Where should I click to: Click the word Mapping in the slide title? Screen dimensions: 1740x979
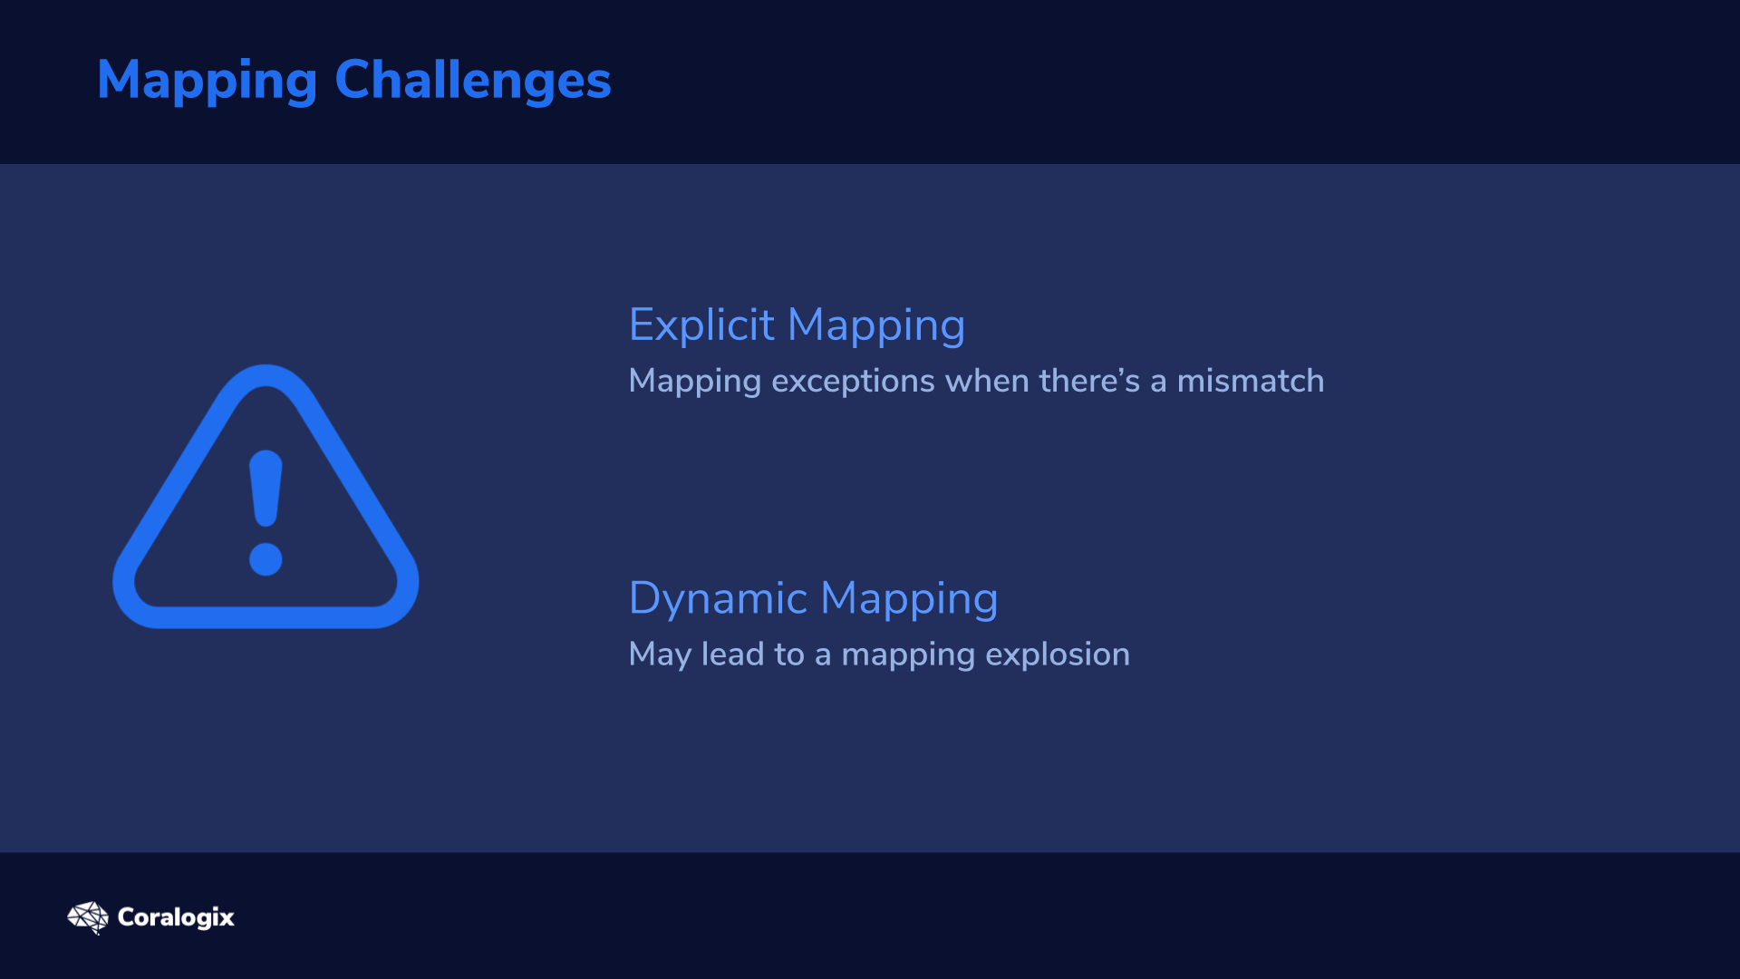coord(207,82)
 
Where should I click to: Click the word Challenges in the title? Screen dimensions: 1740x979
coord(473,82)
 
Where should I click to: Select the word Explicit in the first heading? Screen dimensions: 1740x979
coord(701,325)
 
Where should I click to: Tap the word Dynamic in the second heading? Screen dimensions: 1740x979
coord(718,599)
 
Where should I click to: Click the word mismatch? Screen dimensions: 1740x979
coord(1251,382)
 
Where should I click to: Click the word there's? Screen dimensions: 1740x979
coord(1089,382)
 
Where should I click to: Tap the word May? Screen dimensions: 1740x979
coord(660,655)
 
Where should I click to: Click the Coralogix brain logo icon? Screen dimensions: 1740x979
coord(88,917)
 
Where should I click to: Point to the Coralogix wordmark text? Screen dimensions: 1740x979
coord(176,917)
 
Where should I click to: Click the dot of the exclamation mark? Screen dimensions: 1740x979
coord(266,559)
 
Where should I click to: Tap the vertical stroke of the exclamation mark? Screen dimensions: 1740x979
coord(266,489)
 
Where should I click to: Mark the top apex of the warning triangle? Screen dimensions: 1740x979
coord(266,366)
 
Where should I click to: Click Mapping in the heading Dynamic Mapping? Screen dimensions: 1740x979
coord(909,600)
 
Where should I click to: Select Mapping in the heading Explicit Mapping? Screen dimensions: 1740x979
coord(876,326)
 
